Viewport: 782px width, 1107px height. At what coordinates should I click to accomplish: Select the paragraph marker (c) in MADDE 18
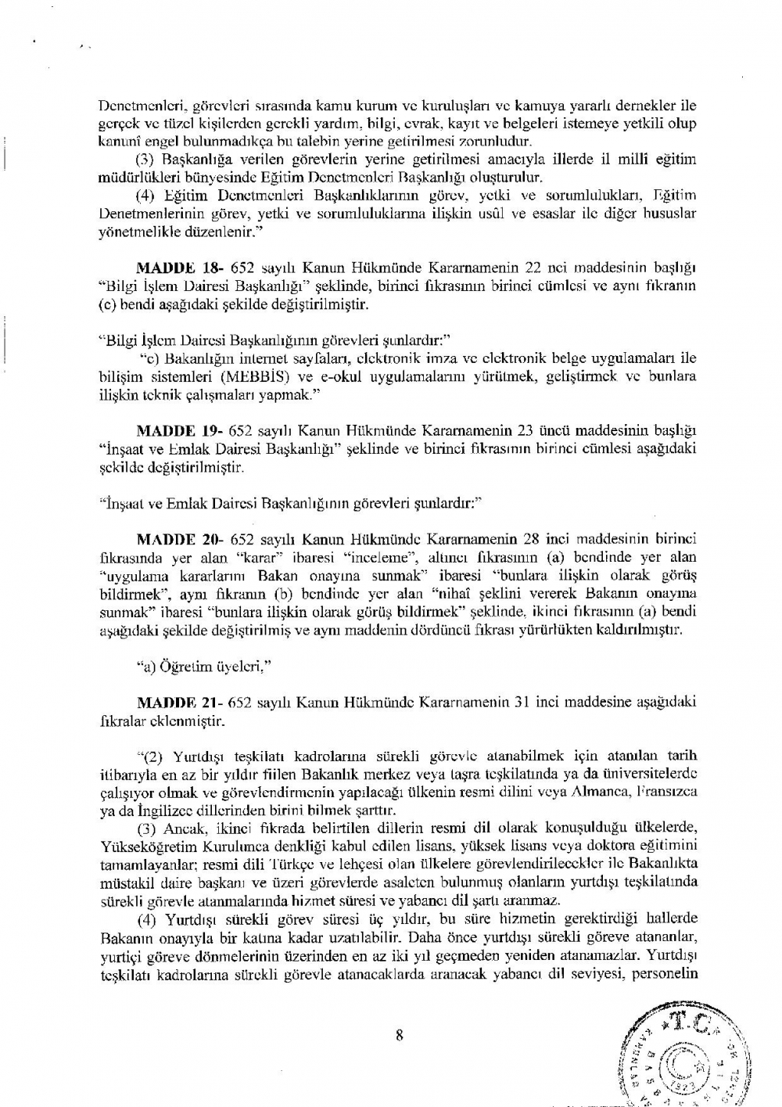pos(108,304)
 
